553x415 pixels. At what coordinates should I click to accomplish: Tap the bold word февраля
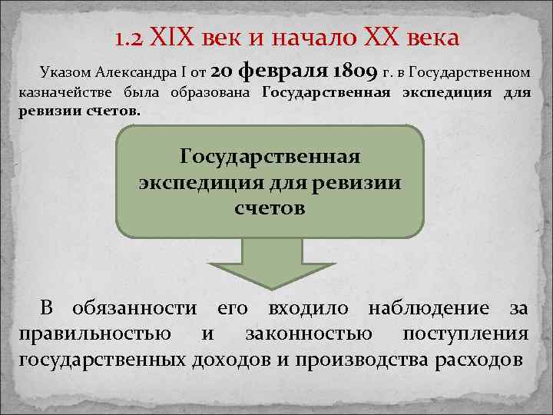point(284,71)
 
